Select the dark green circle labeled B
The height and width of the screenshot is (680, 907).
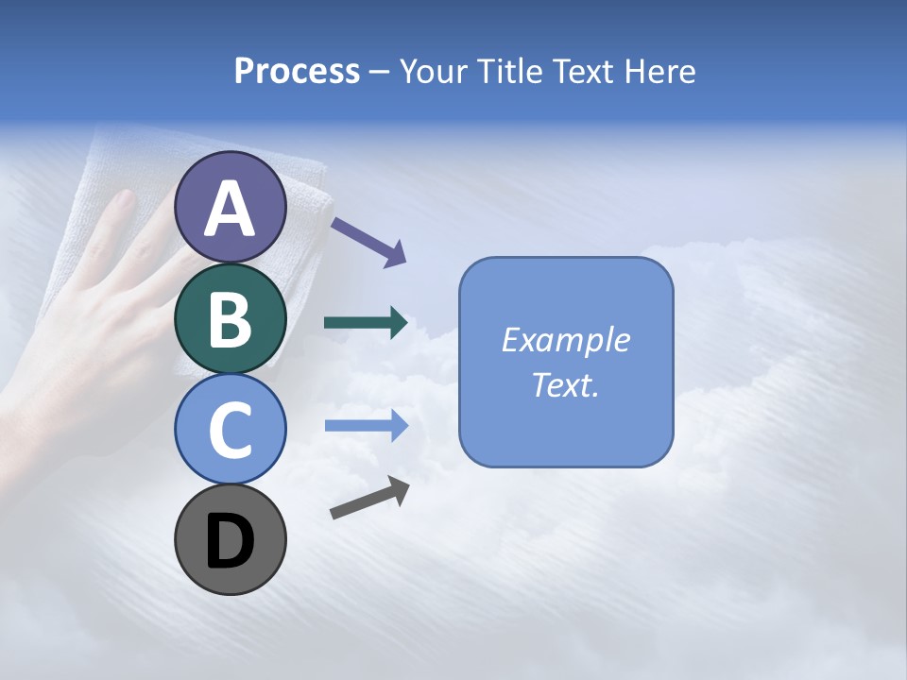[x=230, y=318]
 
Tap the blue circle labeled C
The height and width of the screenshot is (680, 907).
[x=230, y=429]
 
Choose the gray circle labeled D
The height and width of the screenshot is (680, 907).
[x=230, y=540]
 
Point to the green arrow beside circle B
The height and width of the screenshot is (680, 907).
[x=366, y=323]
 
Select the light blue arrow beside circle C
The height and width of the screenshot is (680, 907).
[x=366, y=426]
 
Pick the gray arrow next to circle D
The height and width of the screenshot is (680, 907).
[x=369, y=498]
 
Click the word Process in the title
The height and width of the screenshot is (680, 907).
[x=297, y=71]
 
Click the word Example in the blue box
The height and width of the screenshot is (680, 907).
[x=566, y=340]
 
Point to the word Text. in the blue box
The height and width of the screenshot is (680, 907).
[x=566, y=384]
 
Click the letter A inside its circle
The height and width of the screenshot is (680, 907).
[x=230, y=209]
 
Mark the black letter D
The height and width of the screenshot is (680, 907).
[x=230, y=542]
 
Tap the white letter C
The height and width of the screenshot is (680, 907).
[x=230, y=430]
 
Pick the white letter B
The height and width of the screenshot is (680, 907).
[x=230, y=319]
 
